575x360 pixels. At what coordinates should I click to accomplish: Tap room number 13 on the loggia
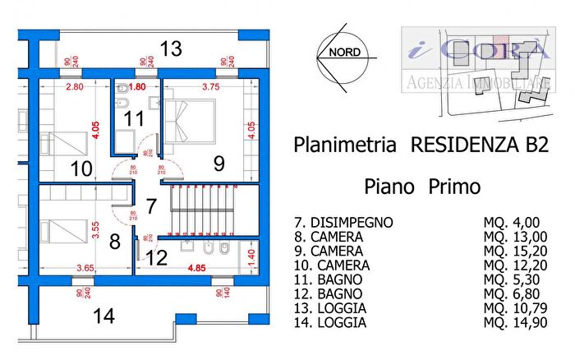[170, 49]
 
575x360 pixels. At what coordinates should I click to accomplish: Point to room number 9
[218, 163]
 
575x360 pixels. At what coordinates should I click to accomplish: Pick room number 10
[80, 170]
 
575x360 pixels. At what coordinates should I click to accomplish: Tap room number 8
[114, 242]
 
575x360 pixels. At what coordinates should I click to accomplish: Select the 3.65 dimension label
[85, 268]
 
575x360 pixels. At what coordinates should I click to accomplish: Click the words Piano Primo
[422, 186]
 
